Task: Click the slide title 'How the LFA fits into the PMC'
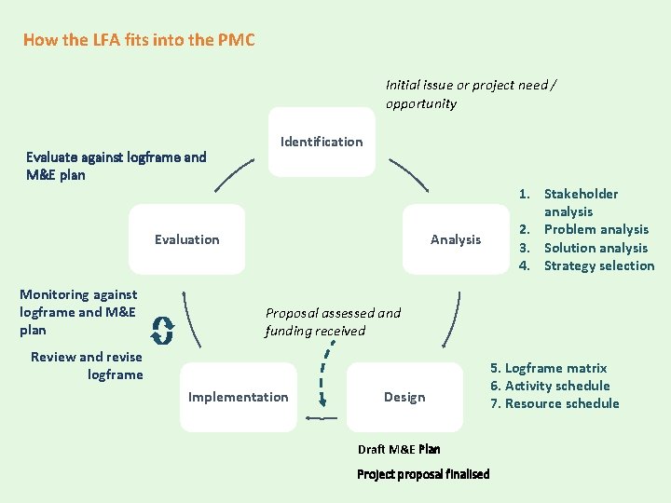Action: pyautogui.click(x=139, y=40)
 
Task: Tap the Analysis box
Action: pyautogui.click(x=456, y=239)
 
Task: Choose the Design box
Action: pyautogui.click(x=404, y=397)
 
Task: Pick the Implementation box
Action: pyautogui.click(x=238, y=397)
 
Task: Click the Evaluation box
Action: pyautogui.click(x=187, y=239)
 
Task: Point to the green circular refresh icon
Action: pyautogui.click(x=163, y=329)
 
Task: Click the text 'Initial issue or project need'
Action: pyautogui.click(x=471, y=86)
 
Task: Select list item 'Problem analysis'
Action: pyautogui.click(x=596, y=230)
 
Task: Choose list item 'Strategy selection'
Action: pyautogui.click(x=598, y=265)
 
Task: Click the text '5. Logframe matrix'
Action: pyautogui.click(x=549, y=368)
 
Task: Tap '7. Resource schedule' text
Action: pyautogui.click(x=555, y=403)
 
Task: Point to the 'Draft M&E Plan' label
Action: pyautogui.click(x=399, y=449)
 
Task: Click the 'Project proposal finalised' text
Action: pyautogui.click(x=423, y=474)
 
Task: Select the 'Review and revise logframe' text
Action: pyautogui.click(x=88, y=366)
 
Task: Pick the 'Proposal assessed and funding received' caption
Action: pyautogui.click(x=332, y=321)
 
